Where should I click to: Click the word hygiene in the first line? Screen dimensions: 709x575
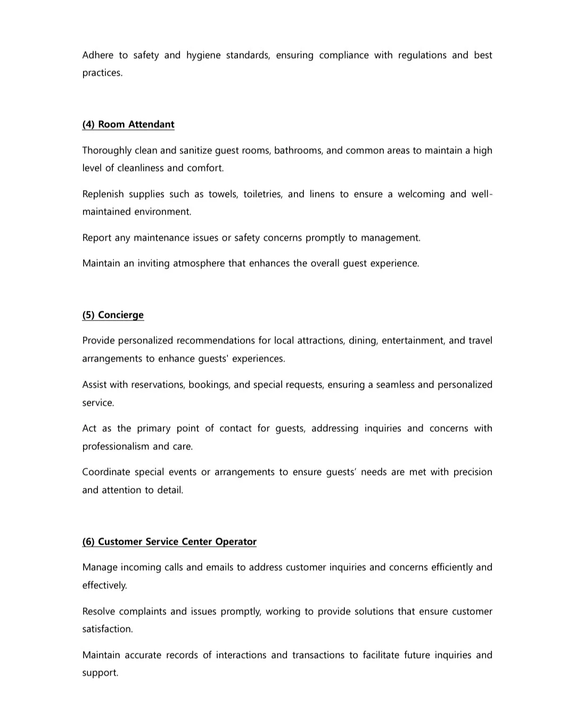[203, 55]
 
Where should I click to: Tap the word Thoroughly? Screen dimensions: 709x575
[106, 151]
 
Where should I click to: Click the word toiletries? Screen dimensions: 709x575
[262, 194]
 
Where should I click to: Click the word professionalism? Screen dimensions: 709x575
[116, 447]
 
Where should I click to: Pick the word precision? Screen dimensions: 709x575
[472, 472]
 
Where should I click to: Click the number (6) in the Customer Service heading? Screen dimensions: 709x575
[88, 542]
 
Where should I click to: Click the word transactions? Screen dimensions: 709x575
[318, 655]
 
